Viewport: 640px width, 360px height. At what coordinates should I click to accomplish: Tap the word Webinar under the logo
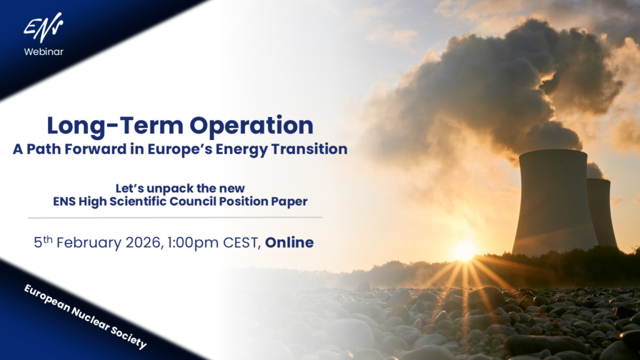coord(44,51)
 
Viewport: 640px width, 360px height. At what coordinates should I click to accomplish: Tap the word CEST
coord(241,242)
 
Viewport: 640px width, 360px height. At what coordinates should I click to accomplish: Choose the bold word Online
coord(289,242)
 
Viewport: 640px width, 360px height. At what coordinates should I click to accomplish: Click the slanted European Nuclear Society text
coord(84,315)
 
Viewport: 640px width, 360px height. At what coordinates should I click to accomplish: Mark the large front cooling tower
coord(553,200)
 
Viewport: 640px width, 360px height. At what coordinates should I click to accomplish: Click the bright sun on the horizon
coord(464,251)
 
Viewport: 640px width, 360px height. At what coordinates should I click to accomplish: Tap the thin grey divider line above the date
coord(175,217)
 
